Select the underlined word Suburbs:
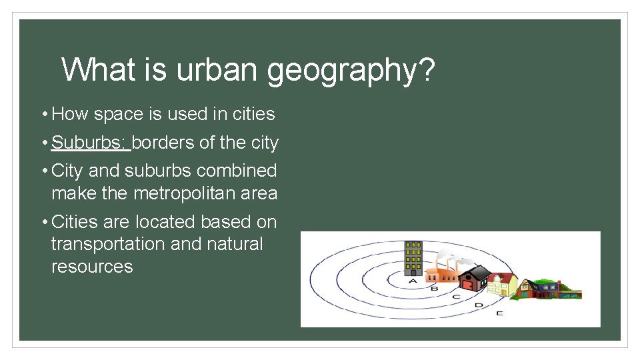pyautogui.click(x=90, y=143)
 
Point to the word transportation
pyautogui.click(x=108, y=244)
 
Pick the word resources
pyautogui.click(x=92, y=267)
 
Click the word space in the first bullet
pyautogui.click(x=117, y=115)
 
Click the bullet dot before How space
pyautogui.click(x=43, y=115)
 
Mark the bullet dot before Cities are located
pyautogui.click(x=43, y=221)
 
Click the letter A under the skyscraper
pyautogui.click(x=413, y=281)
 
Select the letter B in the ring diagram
pyautogui.click(x=435, y=289)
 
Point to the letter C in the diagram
pyautogui.click(x=456, y=297)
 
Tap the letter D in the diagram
pyautogui.click(x=478, y=305)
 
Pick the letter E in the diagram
pyautogui.click(x=499, y=313)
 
